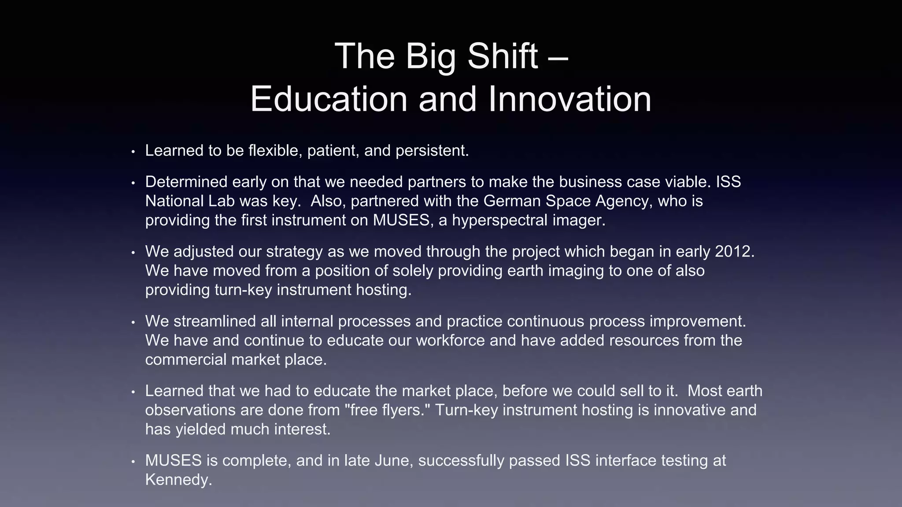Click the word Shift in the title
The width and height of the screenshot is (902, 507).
tap(502, 56)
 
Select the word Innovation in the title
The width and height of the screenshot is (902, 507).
tap(570, 99)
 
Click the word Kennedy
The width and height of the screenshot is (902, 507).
tap(178, 480)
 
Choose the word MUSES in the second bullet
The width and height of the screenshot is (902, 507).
tap(401, 220)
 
